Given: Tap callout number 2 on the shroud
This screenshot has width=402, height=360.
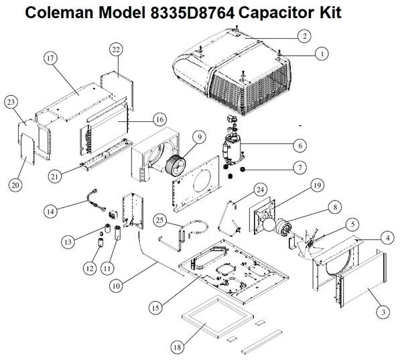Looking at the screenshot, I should [x=304, y=36].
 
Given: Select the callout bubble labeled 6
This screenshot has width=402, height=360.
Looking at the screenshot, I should [x=301, y=144].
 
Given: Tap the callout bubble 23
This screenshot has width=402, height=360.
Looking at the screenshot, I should [x=10, y=102].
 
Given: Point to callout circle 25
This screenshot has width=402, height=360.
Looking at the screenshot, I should [x=159, y=220].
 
